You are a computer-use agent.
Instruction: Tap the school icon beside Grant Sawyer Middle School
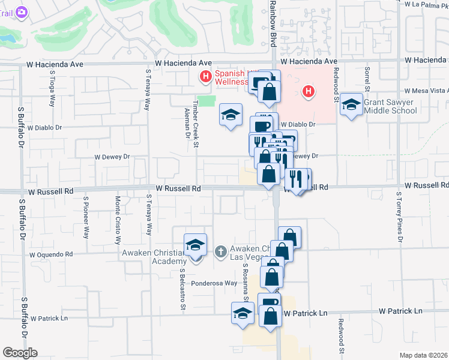351,105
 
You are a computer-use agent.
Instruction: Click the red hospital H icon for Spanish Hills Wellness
205,76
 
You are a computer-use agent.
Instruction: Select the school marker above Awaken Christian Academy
195,246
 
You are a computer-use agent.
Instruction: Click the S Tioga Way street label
53,91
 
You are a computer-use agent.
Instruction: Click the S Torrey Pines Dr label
399,218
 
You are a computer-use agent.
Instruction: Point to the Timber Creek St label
196,125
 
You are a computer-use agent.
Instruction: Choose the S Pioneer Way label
86,217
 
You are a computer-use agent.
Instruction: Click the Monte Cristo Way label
118,221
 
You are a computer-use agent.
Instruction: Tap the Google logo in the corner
20,353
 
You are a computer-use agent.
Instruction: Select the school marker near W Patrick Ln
243,314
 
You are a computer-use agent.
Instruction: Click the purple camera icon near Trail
22,11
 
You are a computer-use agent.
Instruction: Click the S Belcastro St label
182,289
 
